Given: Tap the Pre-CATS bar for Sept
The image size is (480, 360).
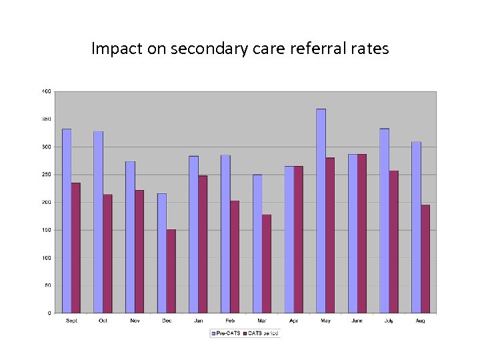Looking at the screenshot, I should pyautogui.click(x=67, y=221).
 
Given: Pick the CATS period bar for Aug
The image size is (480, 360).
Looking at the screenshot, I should pyautogui.click(x=425, y=259).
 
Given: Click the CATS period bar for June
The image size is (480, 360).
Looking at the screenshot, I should pyautogui.click(x=362, y=233).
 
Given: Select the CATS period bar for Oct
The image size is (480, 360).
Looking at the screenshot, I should pyautogui.click(x=107, y=253).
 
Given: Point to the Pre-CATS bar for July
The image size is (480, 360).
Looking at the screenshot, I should pyautogui.click(x=384, y=221).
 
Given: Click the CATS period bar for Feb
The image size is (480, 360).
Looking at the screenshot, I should pyautogui.click(x=235, y=257).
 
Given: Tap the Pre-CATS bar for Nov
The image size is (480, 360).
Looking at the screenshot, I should pyautogui.click(x=130, y=237).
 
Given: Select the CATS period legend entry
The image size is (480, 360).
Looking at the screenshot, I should pyautogui.click(x=261, y=332).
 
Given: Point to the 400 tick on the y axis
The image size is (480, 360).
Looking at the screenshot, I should pyautogui.click(x=47, y=91).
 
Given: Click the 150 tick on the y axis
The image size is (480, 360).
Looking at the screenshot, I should pyautogui.click(x=47, y=230).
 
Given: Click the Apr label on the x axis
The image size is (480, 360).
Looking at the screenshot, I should pyautogui.click(x=294, y=321).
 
